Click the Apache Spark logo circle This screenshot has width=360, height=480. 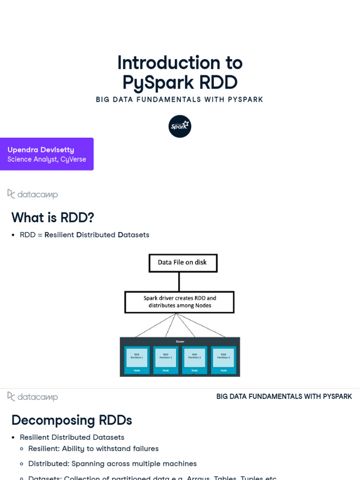pos(180,127)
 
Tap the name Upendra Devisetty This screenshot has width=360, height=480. pos(41,150)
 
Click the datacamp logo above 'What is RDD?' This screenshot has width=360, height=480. pos(33,194)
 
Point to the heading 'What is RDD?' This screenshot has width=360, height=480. pos(52,217)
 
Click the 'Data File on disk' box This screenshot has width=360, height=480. pos(183,262)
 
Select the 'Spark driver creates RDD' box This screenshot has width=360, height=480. pos(180,302)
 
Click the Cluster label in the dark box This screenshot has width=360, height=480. pos(180,342)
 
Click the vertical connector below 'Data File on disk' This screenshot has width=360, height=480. pos(180,282)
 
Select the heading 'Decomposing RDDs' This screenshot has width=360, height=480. pos(72,420)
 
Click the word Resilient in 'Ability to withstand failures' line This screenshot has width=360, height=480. pos(44,449)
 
